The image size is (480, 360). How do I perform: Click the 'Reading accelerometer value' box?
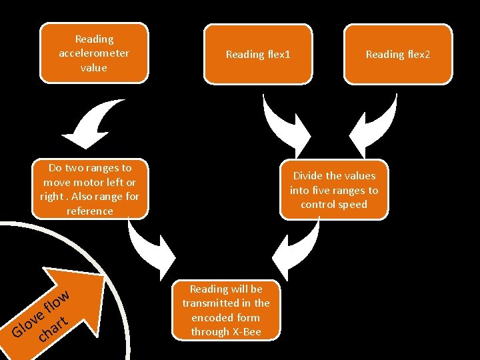[x=94, y=53]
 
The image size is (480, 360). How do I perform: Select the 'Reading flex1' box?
[x=258, y=54]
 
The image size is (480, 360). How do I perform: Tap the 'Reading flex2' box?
[x=398, y=54]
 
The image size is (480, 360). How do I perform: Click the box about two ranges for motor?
[x=90, y=189]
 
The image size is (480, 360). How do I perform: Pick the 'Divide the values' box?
[x=334, y=189]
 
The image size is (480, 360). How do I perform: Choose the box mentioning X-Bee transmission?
[x=226, y=310]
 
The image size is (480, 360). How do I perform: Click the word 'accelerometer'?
[x=94, y=53]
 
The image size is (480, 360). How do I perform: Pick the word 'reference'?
[x=90, y=211]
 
